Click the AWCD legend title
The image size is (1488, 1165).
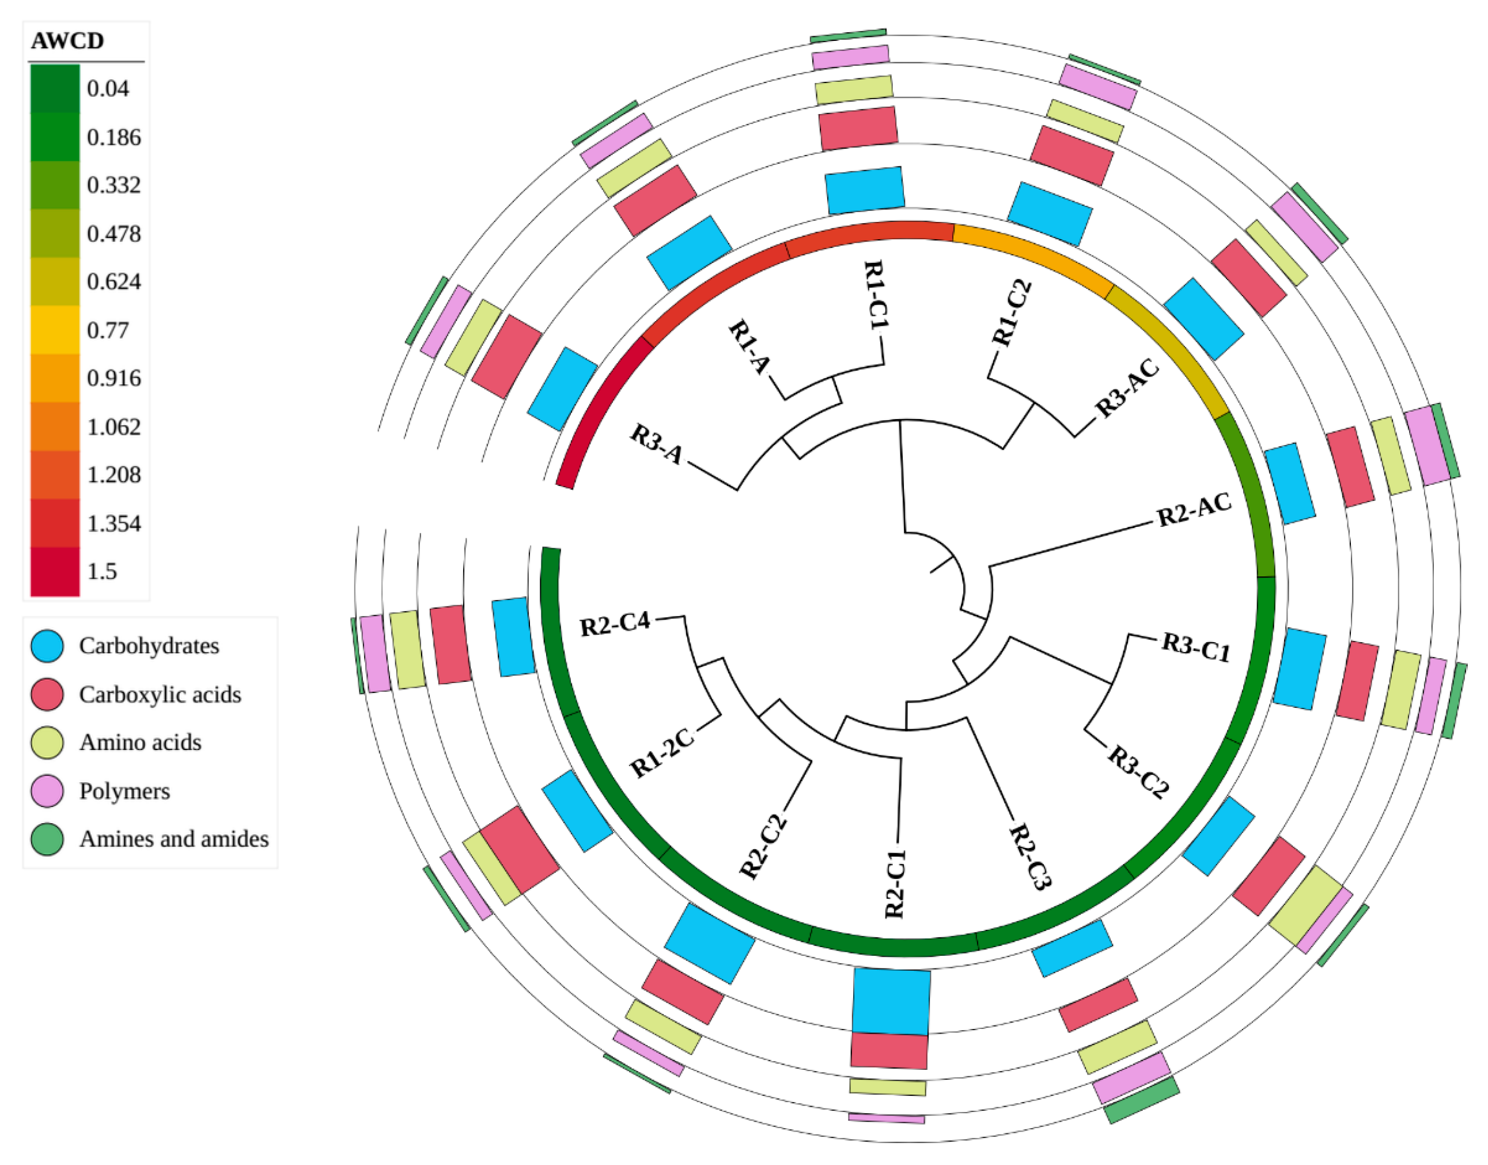pos(67,41)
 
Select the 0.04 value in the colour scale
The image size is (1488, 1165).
pos(108,89)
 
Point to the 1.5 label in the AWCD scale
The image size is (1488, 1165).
pos(102,571)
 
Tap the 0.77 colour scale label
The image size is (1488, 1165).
pos(108,330)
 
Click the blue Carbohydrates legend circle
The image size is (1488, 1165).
pos(47,645)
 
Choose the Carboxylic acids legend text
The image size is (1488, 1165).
pos(160,695)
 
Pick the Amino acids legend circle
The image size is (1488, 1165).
pos(47,742)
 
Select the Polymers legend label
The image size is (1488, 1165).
pos(125,790)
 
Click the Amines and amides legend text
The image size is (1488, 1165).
pos(174,838)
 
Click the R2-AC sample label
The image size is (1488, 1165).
pos(1194,510)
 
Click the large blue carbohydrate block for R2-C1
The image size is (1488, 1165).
pos(891,1001)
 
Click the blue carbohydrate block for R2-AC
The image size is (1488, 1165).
pos(1289,484)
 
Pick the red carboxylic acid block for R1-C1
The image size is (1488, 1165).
pos(858,127)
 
